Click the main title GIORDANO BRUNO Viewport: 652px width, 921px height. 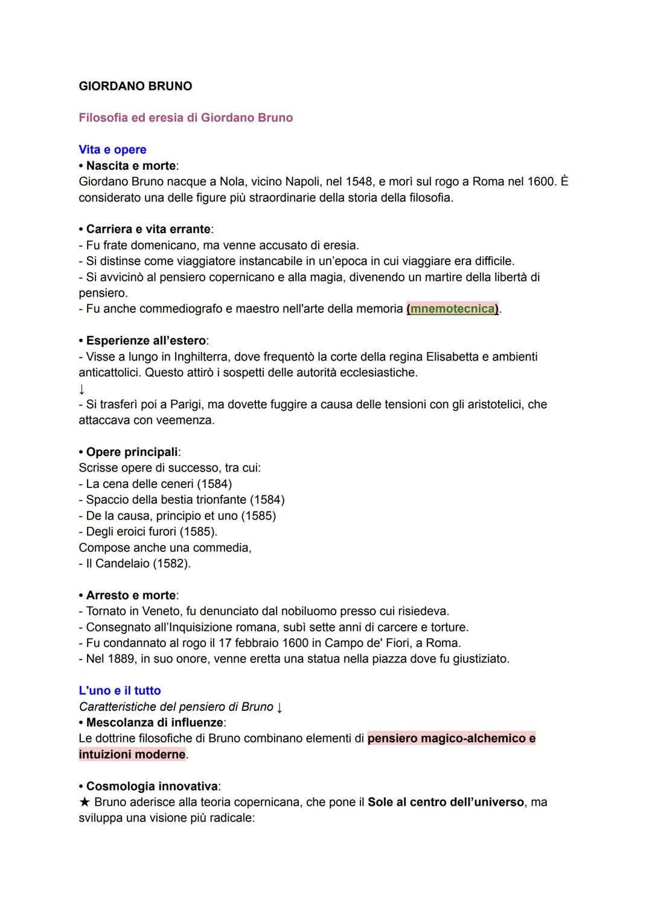135,86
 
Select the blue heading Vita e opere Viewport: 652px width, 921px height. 112,149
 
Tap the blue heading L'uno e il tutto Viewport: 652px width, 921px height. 120,690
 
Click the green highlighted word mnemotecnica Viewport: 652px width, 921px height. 452,309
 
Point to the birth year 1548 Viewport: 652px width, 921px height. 359,181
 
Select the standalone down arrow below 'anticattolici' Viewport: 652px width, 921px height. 82,388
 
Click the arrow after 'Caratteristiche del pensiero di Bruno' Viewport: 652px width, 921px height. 280,707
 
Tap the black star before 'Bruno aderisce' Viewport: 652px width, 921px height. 85,802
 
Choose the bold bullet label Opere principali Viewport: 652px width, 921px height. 132,452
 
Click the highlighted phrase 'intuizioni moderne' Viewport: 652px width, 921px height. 132,754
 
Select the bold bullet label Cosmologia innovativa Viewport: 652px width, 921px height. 152,786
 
